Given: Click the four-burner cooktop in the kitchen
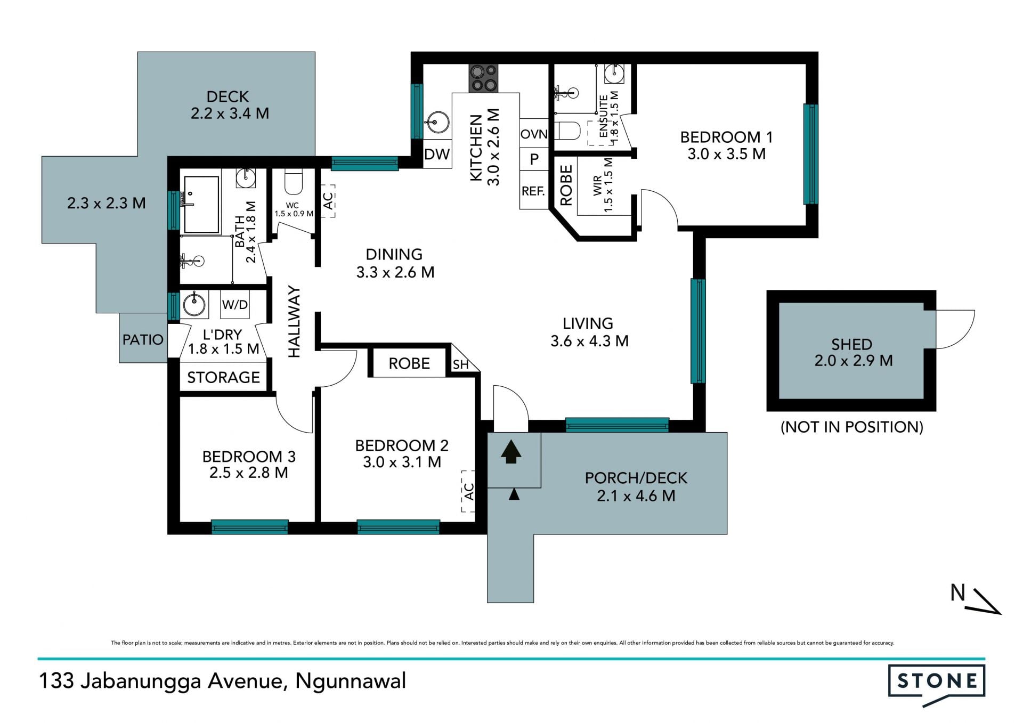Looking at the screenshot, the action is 483,78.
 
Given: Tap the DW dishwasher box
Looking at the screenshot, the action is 437,155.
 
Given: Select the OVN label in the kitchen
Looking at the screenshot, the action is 534,134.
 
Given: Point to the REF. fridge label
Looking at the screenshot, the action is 533,191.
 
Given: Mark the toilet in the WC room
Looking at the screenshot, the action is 294,181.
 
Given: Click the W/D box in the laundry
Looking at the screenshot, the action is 235,305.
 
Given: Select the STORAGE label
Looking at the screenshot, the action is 224,377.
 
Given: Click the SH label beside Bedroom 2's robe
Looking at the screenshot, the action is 460,365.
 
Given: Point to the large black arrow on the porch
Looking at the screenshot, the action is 511,451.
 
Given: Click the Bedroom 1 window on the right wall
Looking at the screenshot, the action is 810,154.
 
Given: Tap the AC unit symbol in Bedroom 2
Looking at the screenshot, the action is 468,491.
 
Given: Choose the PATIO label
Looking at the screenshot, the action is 143,339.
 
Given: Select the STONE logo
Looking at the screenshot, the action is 937,685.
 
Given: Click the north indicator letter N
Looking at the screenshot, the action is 958,592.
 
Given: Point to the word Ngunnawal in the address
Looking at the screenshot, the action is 351,681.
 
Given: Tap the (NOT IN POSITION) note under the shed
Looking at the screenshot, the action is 851,427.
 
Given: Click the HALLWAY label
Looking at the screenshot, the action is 295,322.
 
